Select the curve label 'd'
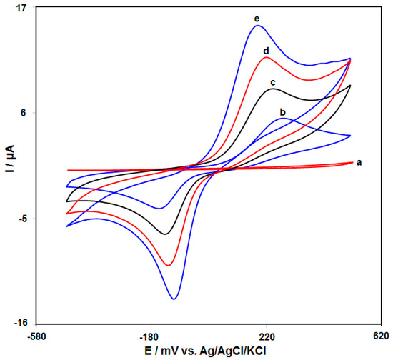266,51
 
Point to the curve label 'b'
283,112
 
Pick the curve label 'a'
359,163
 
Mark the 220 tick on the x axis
267,335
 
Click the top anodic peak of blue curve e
257,26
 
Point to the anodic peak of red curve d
267,57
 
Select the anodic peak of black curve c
273,89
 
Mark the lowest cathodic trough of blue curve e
174,299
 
